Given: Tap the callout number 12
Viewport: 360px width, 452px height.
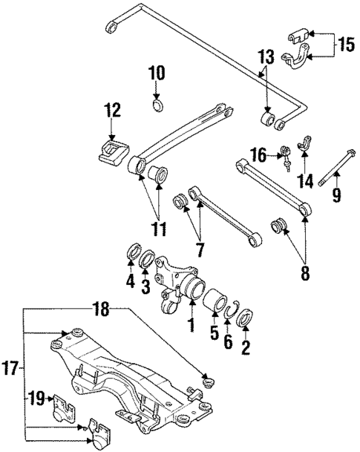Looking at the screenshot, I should click(111, 111).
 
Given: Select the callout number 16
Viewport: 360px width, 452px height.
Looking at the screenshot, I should click(258, 155).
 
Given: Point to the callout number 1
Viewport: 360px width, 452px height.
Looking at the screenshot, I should click(192, 324).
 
